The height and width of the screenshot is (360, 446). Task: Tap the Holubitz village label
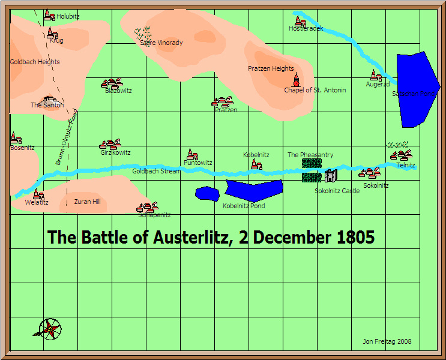(x=68, y=17)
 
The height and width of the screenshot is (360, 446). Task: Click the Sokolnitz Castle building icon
(x=331, y=176)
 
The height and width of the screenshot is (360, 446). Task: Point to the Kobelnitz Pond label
(x=244, y=206)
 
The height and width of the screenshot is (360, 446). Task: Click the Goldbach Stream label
(x=156, y=171)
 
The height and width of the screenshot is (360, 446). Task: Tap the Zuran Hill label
(x=87, y=202)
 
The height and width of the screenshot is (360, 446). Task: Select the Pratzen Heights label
(x=271, y=68)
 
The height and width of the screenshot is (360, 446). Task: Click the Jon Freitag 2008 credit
(x=387, y=342)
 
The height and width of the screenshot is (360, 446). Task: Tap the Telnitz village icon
(x=401, y=155)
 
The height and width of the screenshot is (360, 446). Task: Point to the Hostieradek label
(x=306, y=28)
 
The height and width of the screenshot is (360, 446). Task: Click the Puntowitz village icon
(x=192, y=154)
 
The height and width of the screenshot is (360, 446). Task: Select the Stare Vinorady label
(x=161, y=43)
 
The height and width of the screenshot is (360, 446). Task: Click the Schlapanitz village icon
(x=147, y=207)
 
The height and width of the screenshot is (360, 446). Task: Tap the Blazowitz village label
(x=118, y=91)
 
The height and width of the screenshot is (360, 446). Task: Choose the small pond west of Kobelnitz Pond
(x=207, y=193)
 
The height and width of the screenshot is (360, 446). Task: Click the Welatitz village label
(x=36, y=202)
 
